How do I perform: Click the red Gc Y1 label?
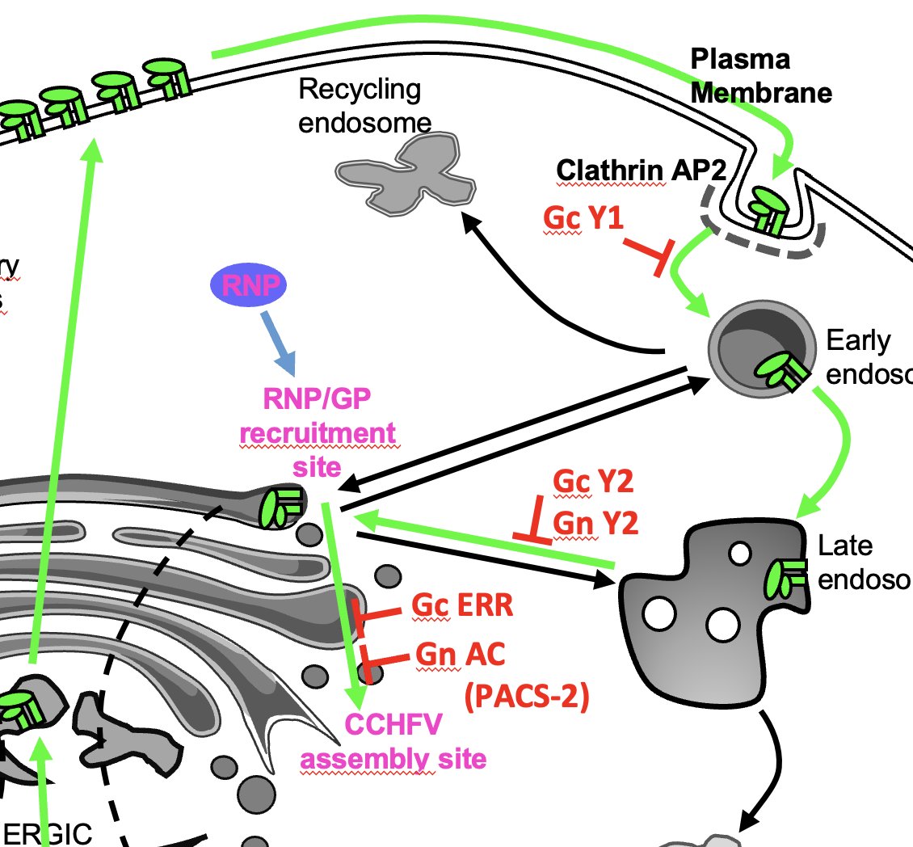pos(583,218)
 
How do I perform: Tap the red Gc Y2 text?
pos(592,482)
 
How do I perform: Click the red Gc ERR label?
pos(462,605)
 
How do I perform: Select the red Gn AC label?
pos(461,655)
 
